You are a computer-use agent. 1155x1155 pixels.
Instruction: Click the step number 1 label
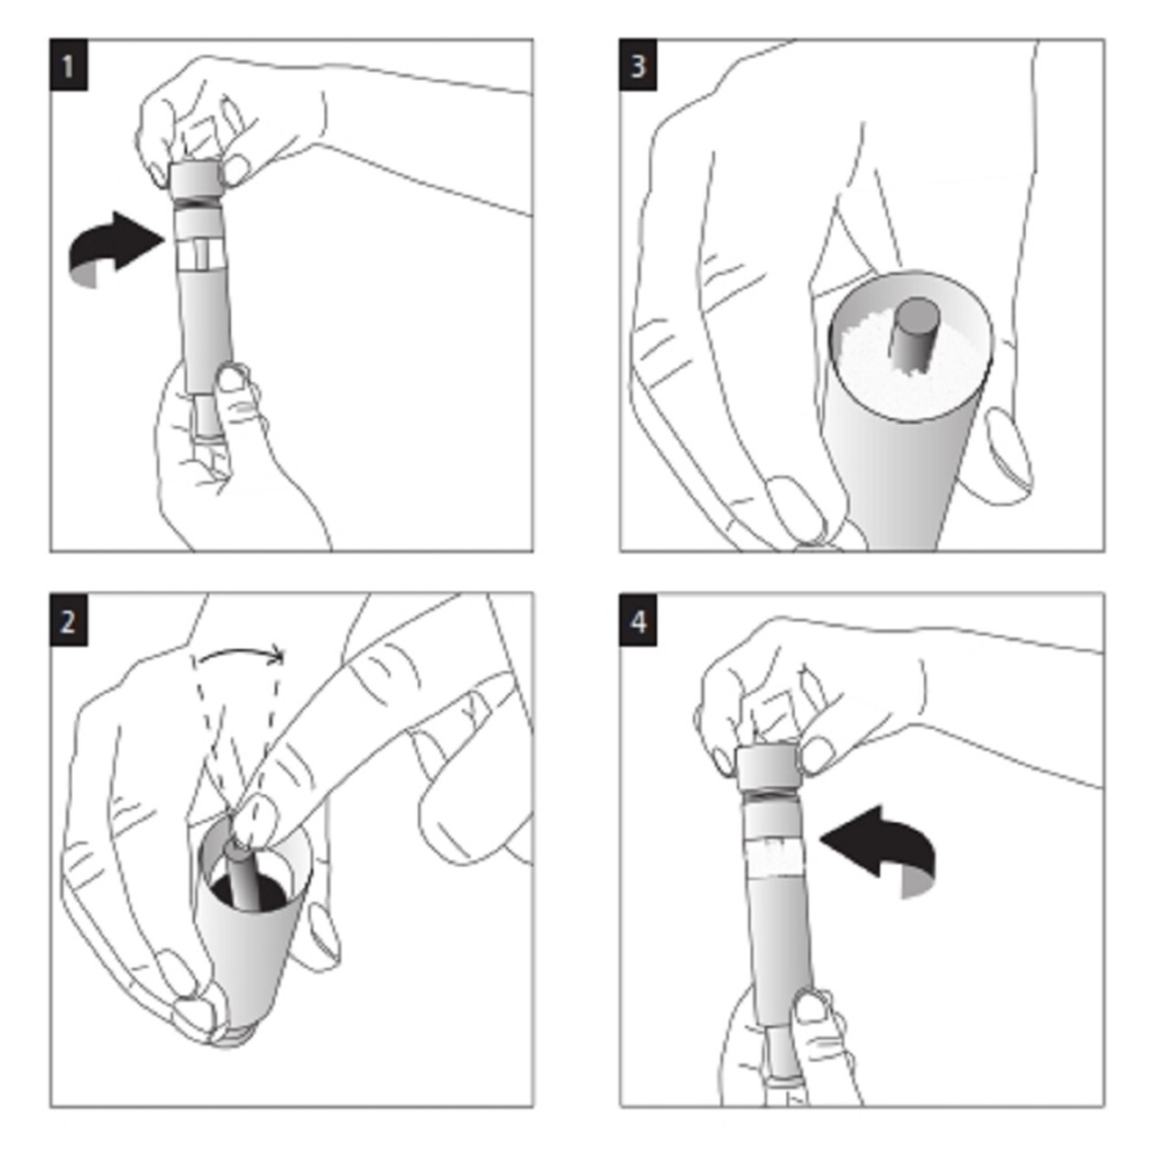(x=69, y=65)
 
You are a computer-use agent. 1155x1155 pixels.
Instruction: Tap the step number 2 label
(x=69, y=621)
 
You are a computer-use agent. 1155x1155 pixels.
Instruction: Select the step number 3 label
(x=638, y=65)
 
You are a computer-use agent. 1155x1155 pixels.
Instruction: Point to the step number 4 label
(x=638, y=621)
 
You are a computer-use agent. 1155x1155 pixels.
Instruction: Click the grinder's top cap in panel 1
(x=196, y=178)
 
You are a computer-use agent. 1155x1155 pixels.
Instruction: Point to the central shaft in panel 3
(x=913, y=332)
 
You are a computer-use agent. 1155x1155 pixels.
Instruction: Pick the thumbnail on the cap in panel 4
(x=817, y=752)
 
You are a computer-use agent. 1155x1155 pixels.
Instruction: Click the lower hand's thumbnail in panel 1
(x=232, y=377)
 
